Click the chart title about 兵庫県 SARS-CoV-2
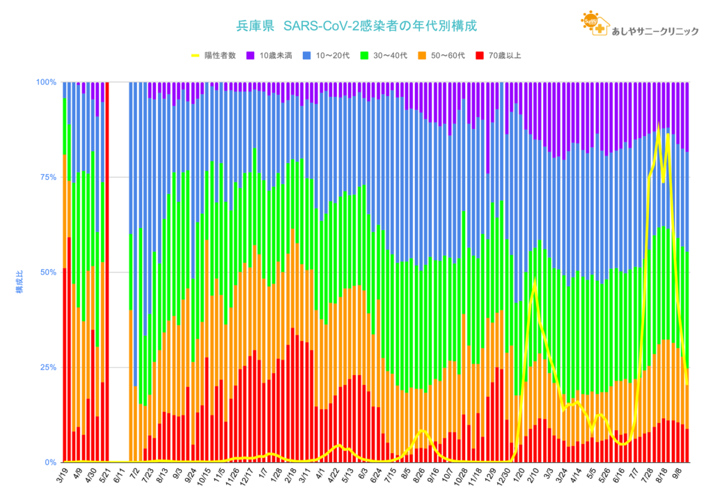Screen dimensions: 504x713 coord(356,26)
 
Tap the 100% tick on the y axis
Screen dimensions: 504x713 coord(46,82)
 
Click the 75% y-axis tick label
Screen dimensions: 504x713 coord(48,177)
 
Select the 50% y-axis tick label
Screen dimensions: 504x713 coord(48,272)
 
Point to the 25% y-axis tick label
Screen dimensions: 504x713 coord(48,367)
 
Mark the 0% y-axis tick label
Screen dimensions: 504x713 coord(50,462)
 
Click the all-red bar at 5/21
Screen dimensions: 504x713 coord(107,272)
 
